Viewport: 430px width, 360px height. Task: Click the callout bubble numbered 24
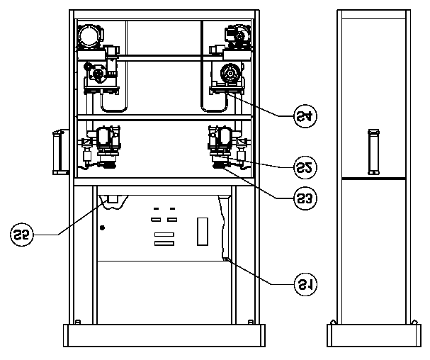pos(305,116)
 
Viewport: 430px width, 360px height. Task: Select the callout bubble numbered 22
pos(305,167)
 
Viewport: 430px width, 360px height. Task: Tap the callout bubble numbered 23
pos(305,198)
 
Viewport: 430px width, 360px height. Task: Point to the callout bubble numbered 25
pos(22,235)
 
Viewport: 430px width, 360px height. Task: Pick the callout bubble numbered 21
pos(305,284)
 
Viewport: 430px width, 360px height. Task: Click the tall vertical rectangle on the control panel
pos(203,232)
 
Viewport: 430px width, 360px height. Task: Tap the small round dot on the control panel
pos(102,227)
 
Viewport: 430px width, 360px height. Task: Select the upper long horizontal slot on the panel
pos(164,235)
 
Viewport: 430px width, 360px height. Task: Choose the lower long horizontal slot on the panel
pos(164,243)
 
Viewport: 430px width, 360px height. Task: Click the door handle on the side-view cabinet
pos(373,152)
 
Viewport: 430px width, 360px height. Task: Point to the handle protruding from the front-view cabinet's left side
pos(60,152)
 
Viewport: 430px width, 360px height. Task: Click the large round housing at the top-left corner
pos(89,35)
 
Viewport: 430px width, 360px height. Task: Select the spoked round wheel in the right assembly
pos(230,73)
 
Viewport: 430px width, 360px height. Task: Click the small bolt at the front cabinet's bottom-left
pos(78,322)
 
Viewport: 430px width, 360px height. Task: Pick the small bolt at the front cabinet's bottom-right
pos(250,322)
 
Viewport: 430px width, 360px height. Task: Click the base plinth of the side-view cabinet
pos(374,335)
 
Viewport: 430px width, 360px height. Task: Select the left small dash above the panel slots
pos(156,209)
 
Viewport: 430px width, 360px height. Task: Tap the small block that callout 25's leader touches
pos(113,199)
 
